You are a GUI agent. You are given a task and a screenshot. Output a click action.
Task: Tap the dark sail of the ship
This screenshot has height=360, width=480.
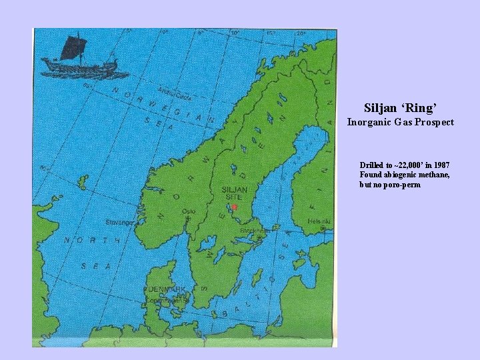[73, 47]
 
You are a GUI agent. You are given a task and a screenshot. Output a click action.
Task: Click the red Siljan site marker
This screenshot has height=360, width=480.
[234, 207]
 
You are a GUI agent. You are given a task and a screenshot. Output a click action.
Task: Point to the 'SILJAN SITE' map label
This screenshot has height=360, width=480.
[234, 193]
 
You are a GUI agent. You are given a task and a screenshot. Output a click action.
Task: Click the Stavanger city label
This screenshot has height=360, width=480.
[119, 221]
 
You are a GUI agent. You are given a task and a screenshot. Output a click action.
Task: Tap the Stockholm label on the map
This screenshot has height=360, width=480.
[255, 231]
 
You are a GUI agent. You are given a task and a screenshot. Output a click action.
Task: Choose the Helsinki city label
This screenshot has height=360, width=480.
[319, 221]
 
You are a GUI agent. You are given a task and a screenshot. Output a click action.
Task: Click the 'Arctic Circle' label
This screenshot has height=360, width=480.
[175, 93]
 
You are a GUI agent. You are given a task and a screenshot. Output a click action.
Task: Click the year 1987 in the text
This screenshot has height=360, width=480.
[441, 165]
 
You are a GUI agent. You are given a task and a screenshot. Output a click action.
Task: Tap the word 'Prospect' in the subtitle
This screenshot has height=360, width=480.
[434, 122]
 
